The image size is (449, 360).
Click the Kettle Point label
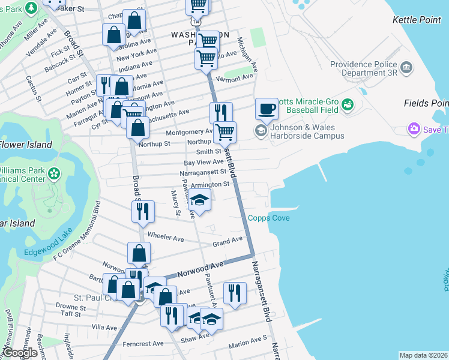pyautogui.click(x=417, y=20)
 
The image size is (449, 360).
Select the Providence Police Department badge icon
pyautogui.click(x=407, y=67)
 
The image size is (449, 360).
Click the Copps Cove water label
pyautogui.click(x=269, y=218)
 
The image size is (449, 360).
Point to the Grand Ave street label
pyautogui.click(x=228, y=242)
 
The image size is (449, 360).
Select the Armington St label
pyautogui.click(x=210, y=185)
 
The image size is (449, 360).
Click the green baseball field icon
pyautogui.click(x=348, y=106)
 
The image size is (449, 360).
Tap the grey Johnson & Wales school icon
pyautogui.click(x=261, y=130)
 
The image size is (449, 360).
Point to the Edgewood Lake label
pyautogui.click(x=48, y=252)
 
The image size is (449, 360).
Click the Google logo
pyautogui.click(x=19, y=353)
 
